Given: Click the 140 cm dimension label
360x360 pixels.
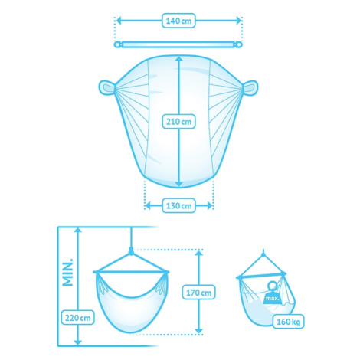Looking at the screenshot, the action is pos(178,21).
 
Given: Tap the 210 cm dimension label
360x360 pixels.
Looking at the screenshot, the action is pos(178,122).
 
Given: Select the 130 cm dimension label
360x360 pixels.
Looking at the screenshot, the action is pos(178,205).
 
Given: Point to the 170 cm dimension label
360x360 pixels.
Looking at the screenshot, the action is pos(198,293).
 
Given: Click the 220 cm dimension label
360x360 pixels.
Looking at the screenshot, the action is pos(78,318).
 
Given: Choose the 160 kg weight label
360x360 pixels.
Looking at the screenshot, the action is pos(288,322).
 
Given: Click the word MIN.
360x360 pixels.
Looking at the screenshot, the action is pos(68,272).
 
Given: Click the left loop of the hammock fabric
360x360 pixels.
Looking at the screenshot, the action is pos(106,88).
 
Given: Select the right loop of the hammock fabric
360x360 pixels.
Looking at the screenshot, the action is pos(250,88).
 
